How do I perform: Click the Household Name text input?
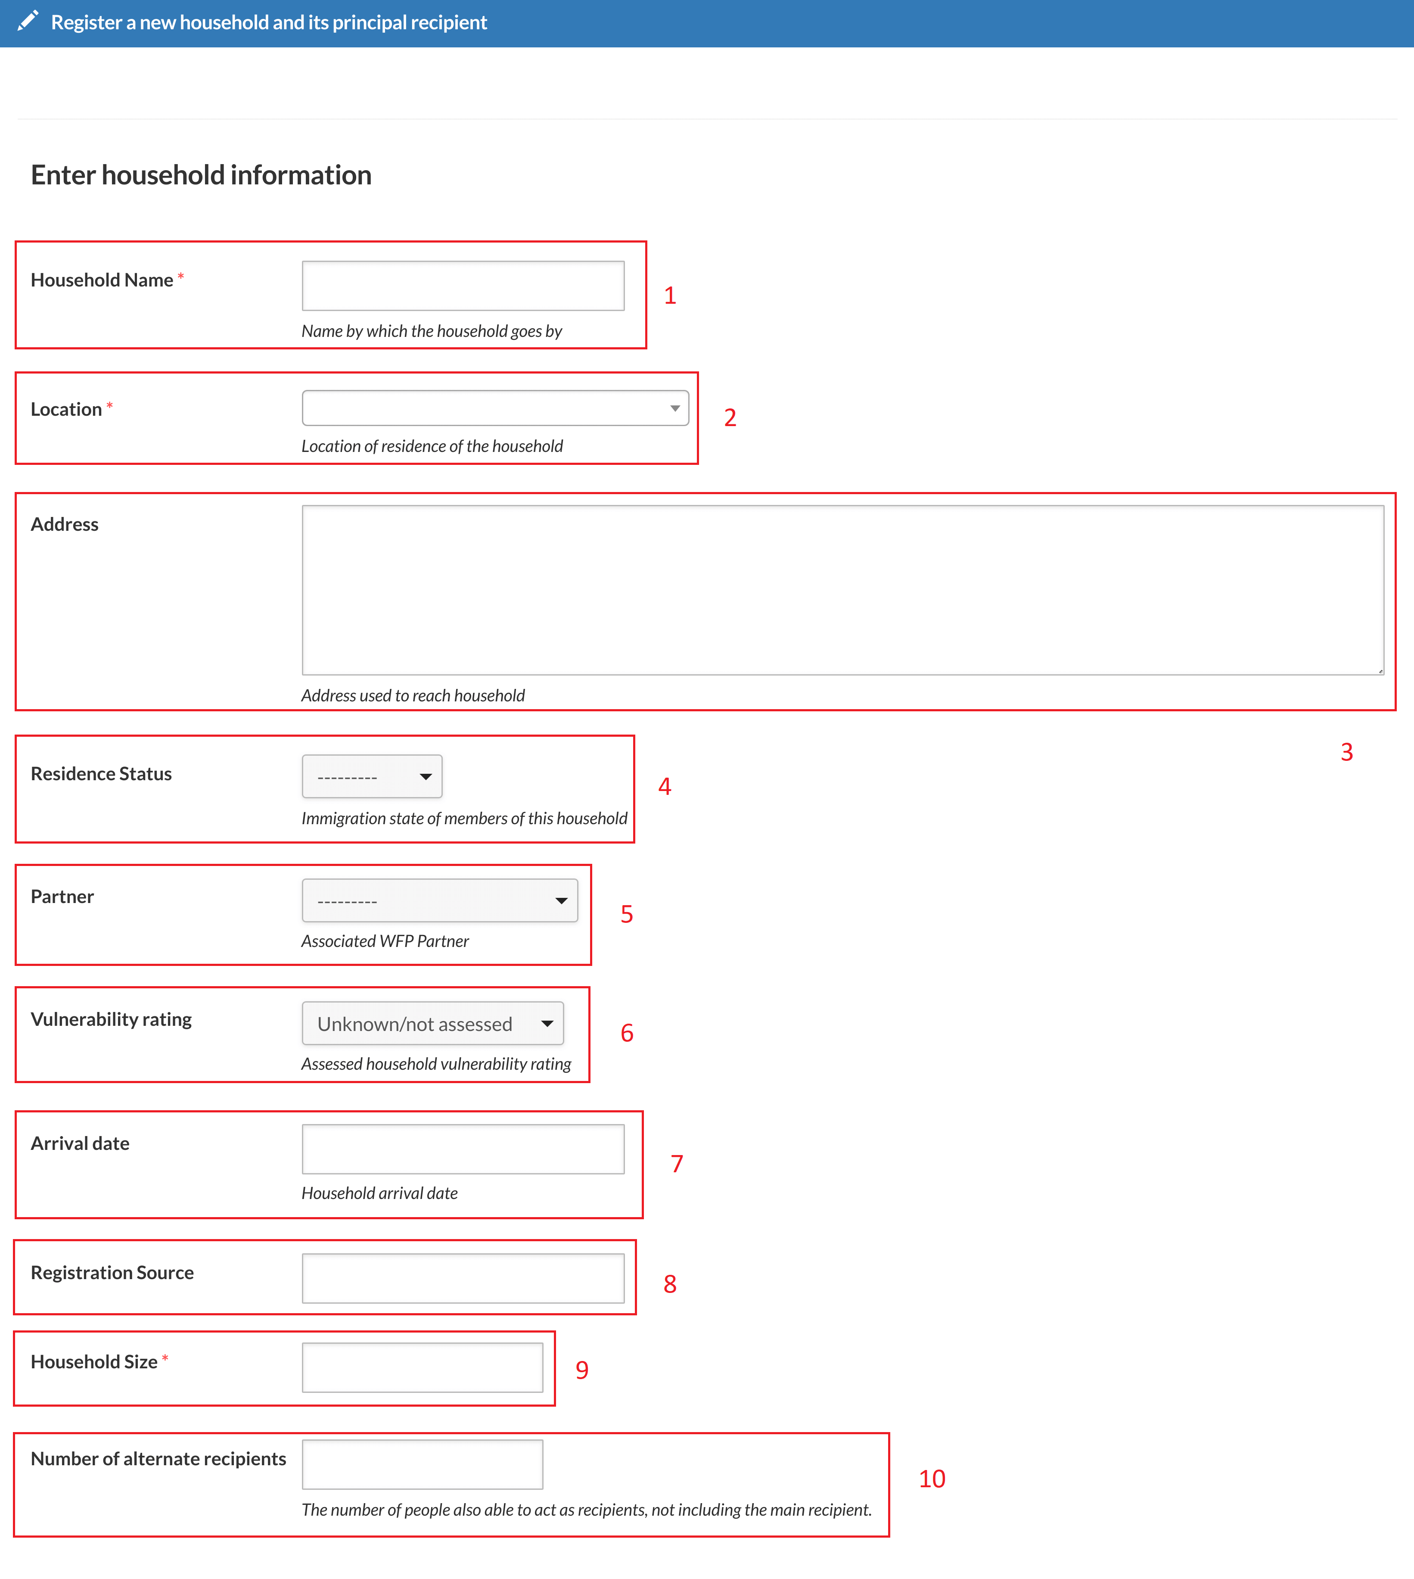click(463, 286)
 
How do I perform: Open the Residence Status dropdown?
click(372, 776)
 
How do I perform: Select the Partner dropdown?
click(440, 900)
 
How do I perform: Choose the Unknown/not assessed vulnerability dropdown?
click(433, 1023)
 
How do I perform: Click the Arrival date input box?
click(463, 1149)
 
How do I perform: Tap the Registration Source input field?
click(463, 1278)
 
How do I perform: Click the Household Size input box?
click(423, 1367)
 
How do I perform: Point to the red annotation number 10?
click(932, 1479)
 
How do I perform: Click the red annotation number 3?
click(1347, 752)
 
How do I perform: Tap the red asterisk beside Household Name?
click(181, 276)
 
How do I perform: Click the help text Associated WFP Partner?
click(385, 941)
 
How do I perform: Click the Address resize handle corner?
click(1380, 671)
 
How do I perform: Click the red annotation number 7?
click(677, 1164)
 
